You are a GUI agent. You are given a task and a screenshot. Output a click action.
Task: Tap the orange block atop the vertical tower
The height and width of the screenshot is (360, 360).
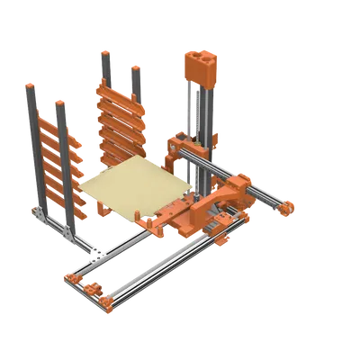point(200,68)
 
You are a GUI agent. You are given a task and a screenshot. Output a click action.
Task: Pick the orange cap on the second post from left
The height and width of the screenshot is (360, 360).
point(60,103)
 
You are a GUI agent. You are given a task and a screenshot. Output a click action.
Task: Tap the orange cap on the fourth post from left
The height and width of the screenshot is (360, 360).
point(136,68)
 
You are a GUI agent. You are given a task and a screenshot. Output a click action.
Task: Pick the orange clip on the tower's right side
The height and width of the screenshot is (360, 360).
point(216,135)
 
